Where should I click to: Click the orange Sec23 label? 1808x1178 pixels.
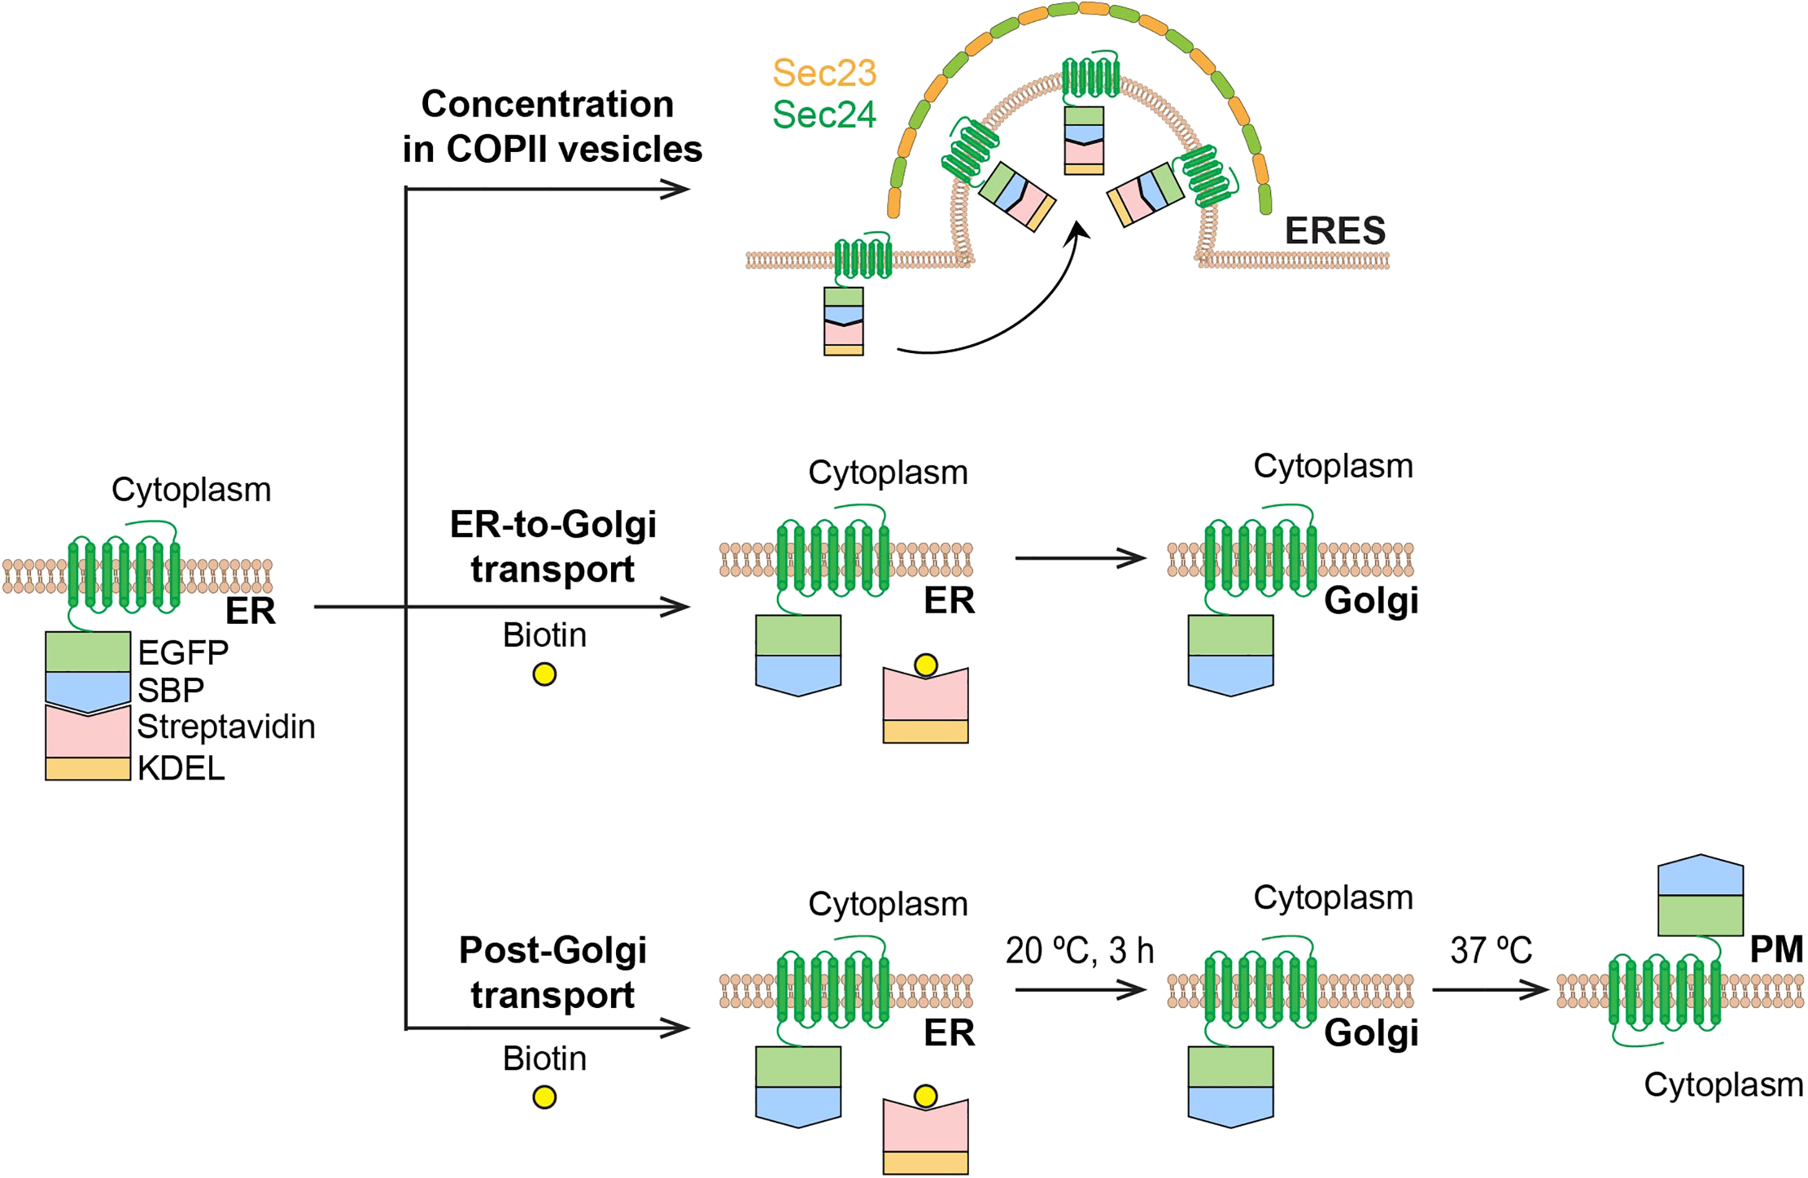824,73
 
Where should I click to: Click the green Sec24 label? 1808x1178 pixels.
824,115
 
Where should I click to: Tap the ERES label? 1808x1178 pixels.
1335,231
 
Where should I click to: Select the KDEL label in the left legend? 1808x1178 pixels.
181,768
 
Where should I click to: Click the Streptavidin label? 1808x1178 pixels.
226,727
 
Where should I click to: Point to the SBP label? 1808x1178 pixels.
170,690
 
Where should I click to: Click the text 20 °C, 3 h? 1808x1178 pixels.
1079,951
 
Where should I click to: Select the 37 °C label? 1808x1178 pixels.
1491,951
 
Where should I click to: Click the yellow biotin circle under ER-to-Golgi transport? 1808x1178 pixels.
544,674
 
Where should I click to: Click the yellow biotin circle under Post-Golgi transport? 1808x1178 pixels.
544,1098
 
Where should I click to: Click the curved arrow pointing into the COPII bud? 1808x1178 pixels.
1010,319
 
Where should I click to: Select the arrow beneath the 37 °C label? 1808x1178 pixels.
1489,989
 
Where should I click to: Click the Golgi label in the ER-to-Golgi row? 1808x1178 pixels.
1371,600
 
